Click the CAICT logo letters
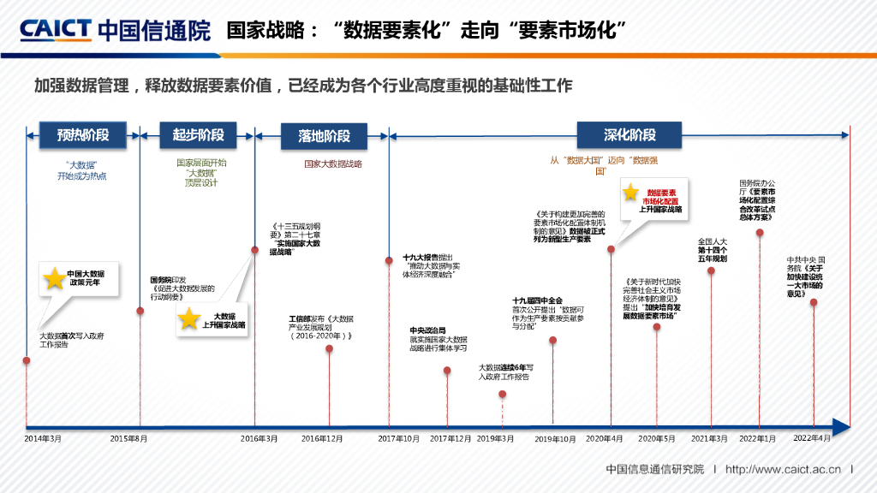tap(55, 30)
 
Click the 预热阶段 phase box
tap(83, 134)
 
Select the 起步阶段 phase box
tap(198, 134)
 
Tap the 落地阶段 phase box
tap(324, 136)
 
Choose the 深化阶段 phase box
tap(629, 135)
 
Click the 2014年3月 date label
tap(43, 438)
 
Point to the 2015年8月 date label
tap(129, 438)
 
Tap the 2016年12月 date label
tap(322, 438)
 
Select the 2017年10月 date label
tap(399, 438)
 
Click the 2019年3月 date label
tap(496, 438)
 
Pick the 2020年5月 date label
tap(657, 438)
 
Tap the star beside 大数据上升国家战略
tap(189, 319)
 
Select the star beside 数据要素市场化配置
tap(631, 193)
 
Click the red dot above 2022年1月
tap(760, 232)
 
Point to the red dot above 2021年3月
tap(711, 271)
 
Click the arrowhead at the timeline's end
tap(841, 426)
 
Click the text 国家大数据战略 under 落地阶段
tap(333, 163)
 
